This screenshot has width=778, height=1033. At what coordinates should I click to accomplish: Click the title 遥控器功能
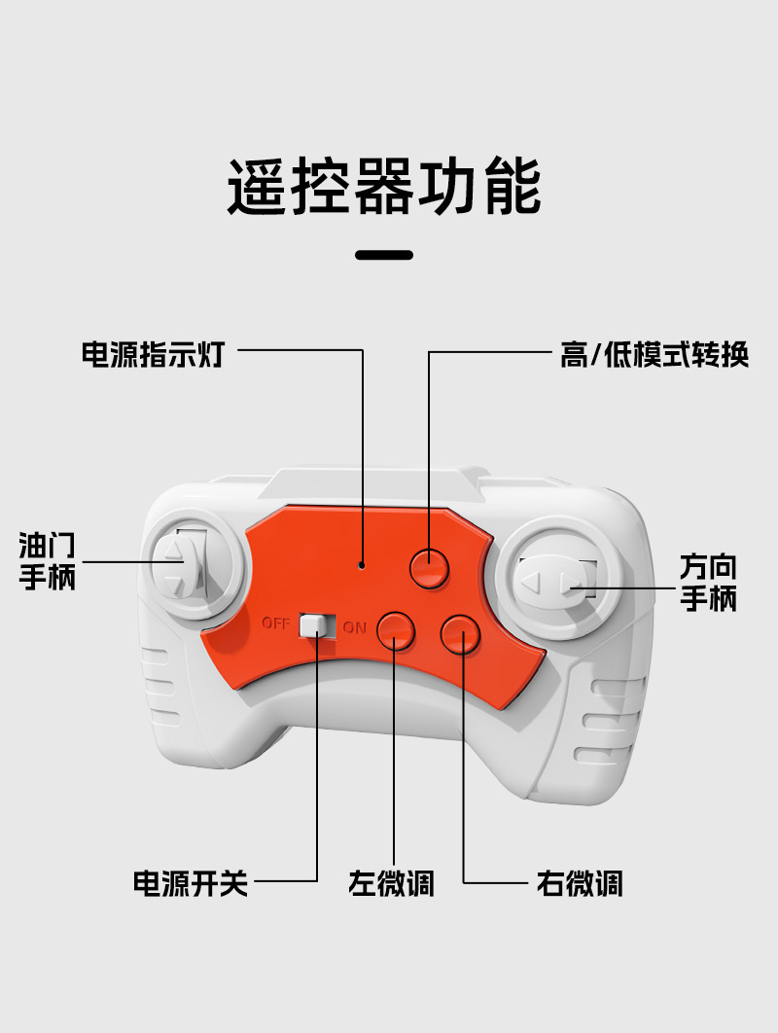(384, 187)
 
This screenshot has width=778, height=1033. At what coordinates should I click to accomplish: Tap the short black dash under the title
(384, 255)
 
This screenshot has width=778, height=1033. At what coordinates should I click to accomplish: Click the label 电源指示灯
(154, 354)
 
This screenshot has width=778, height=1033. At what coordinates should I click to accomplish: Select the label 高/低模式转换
(654, 354)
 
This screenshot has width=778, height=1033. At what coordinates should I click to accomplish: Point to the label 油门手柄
(48, 561)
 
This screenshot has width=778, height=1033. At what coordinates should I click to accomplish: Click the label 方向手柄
(708, 583)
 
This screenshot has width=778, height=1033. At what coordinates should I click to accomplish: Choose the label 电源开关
(191, 883)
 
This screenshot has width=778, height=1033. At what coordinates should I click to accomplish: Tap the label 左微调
(391, 883)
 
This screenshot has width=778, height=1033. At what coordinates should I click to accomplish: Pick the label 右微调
(579, 883)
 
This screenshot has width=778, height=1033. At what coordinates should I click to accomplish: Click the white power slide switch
(313, 625)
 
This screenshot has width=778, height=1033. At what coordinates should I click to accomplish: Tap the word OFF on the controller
(276, 623)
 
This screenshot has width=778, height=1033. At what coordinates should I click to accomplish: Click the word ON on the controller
(354, 627)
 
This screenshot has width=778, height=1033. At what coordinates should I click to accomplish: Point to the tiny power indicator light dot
(362, 565)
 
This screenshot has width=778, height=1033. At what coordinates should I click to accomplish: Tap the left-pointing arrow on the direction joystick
(531, 582)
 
